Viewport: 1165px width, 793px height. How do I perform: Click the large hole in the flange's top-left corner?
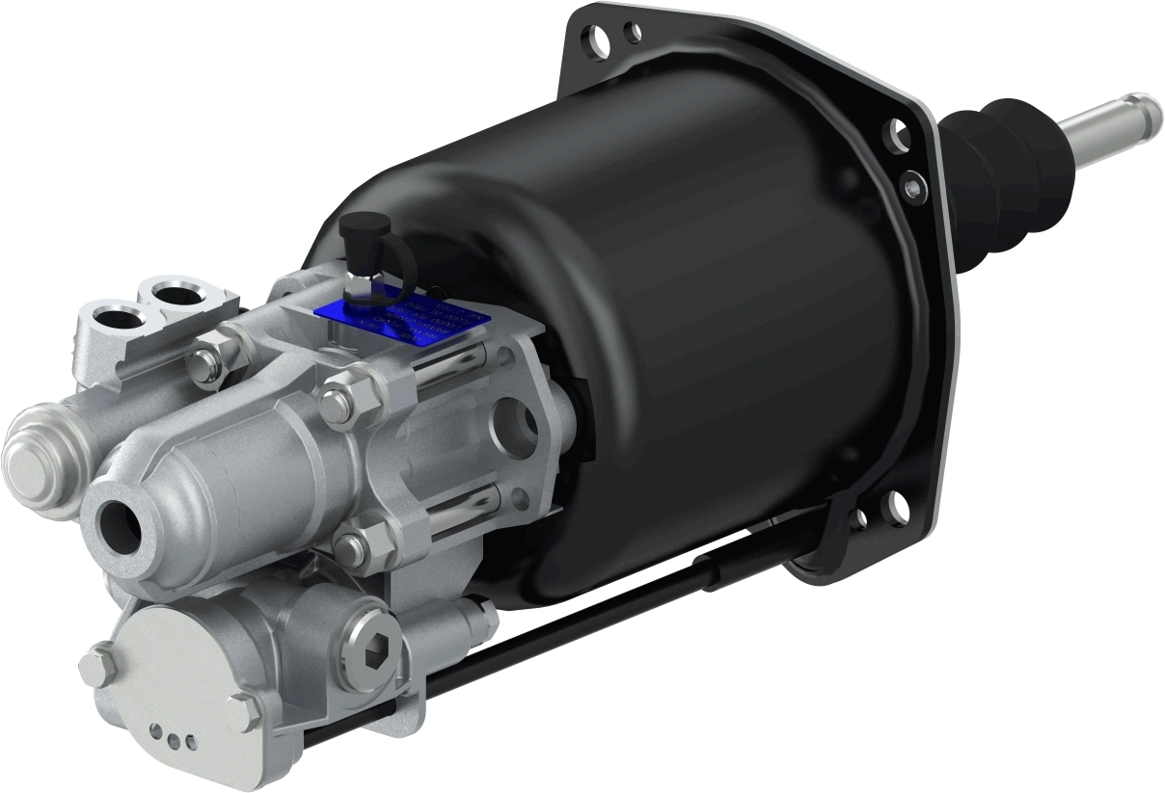599,42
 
